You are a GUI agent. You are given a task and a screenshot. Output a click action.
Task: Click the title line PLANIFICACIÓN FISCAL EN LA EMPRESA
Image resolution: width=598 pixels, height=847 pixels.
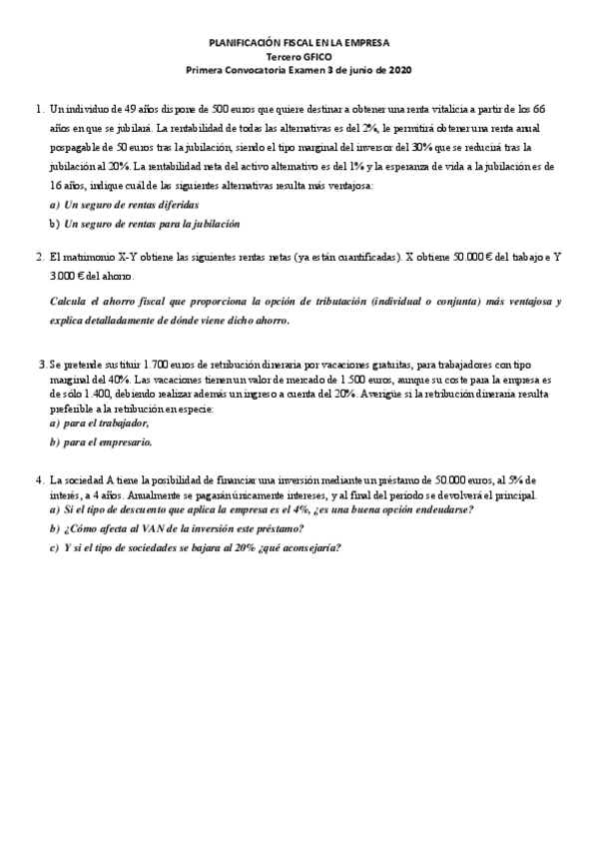[299, 43]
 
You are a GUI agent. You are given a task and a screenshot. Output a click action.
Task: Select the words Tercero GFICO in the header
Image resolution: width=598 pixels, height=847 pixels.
[299, 57]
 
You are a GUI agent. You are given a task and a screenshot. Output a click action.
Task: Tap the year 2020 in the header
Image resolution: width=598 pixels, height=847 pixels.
[397, 70]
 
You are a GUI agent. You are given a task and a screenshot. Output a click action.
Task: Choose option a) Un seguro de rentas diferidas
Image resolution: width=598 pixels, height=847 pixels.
[124, 204]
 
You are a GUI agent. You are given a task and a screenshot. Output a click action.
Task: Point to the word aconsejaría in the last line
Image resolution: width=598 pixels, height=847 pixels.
[308, 547]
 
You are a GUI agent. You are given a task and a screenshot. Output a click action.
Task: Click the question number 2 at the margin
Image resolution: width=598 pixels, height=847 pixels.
[38, 257]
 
